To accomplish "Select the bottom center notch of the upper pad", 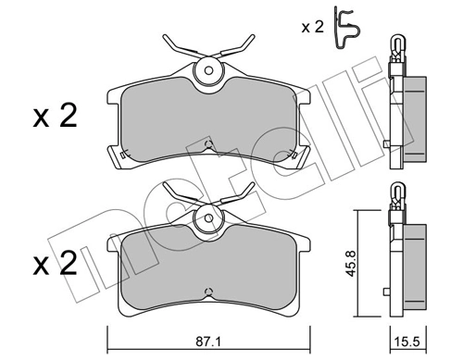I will [x=208, y=144].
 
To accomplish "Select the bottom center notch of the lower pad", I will [x=208, y=293].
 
